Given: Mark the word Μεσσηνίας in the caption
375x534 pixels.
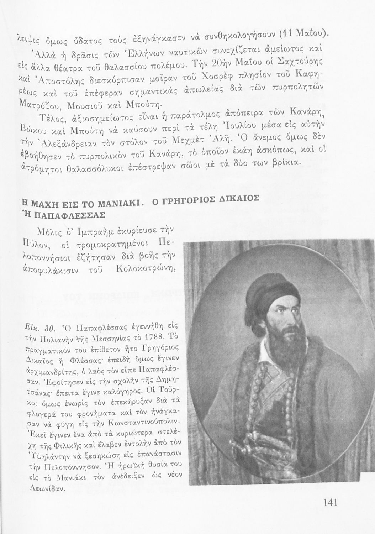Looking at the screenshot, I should click(104, 337).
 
